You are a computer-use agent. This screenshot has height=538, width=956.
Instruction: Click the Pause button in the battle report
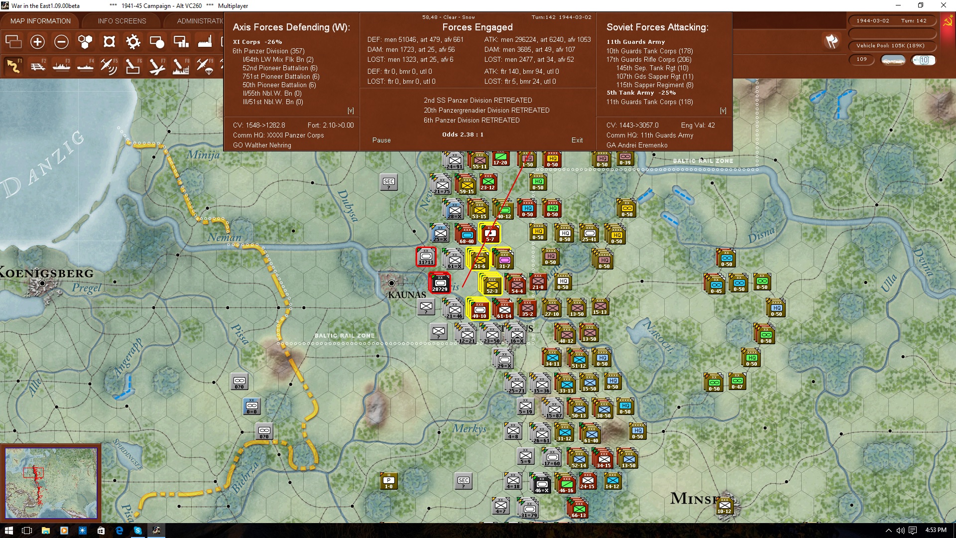click(381, 140)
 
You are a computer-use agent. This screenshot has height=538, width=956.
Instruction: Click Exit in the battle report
click(577, 140)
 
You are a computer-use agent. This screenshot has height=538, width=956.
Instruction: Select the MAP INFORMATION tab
click(40, 21)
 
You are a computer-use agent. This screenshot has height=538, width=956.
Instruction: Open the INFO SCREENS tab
click(122, 21)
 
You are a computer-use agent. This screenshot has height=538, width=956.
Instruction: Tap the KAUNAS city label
click(407, 294)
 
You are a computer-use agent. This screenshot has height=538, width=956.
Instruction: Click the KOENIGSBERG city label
click(47, 273)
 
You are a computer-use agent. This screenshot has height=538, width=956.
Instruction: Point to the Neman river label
click(224, 238)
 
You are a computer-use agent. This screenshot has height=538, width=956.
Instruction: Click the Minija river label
click(203, 155)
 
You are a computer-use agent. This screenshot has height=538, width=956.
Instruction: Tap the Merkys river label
click(469, 428)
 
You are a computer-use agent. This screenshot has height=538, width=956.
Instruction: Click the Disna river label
click(761, 234)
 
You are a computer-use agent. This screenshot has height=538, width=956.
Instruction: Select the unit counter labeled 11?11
click(426, 257)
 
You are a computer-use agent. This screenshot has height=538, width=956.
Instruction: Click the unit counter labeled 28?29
click(440, 283)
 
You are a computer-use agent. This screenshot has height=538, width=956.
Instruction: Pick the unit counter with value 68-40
click(467, 234)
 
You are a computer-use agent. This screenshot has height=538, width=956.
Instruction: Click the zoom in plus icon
click(37, 42)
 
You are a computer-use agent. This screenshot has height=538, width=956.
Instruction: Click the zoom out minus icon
click(61, 42)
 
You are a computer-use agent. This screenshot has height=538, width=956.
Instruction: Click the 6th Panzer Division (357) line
click(268, 51)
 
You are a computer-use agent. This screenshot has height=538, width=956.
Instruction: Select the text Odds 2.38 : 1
click(463, 134)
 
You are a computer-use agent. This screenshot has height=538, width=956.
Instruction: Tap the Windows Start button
click(8, 531)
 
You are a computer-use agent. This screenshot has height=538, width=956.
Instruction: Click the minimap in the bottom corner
click(51, 483)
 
